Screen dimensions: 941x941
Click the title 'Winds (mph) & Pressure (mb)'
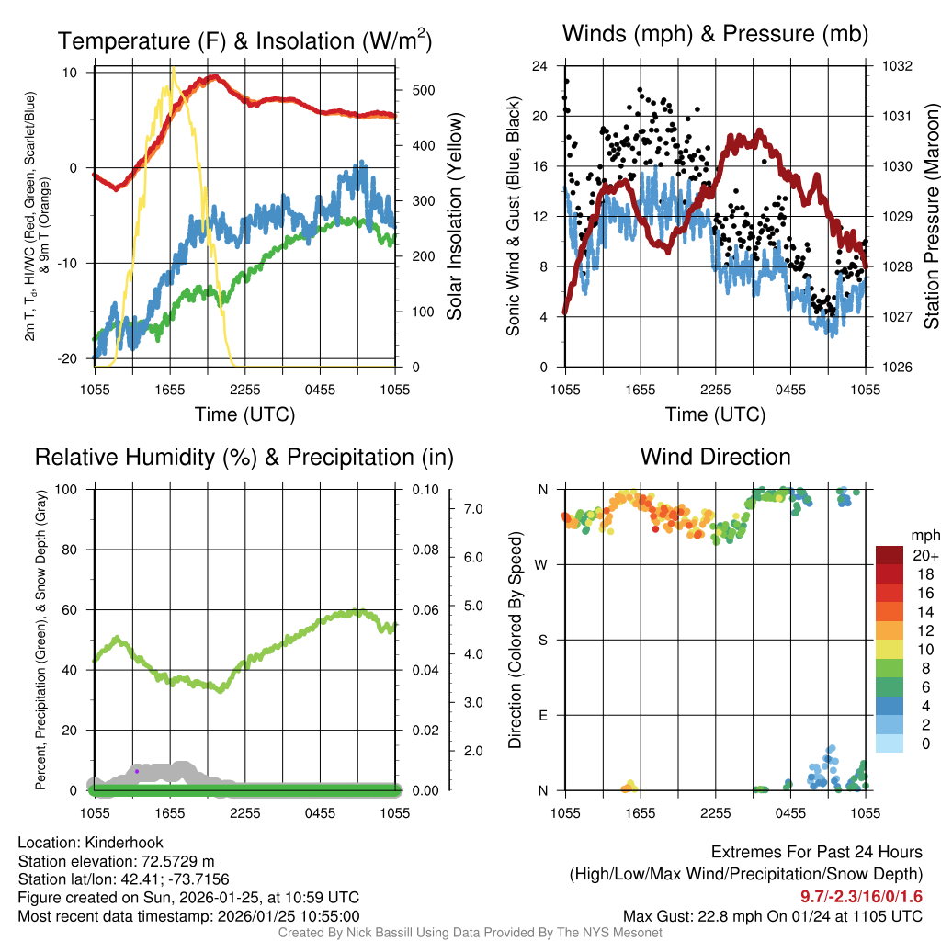[x=715, y=35]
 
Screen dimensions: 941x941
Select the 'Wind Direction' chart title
[x=715, y=457]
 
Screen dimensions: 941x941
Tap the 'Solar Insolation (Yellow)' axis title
[x=455, y=217]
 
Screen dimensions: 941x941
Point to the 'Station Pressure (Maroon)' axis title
[x=930, y=217]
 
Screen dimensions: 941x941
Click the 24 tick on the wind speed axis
[x=540, y=66]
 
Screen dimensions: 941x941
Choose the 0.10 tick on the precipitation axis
[x=425, y=490]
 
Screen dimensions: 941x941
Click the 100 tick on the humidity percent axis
[x=68, y=490]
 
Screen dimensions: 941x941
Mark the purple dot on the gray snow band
[x=136, y=771]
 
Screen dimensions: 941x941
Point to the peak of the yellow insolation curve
[x=172, y=70]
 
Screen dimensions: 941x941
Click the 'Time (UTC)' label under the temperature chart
[x=244, y=414]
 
